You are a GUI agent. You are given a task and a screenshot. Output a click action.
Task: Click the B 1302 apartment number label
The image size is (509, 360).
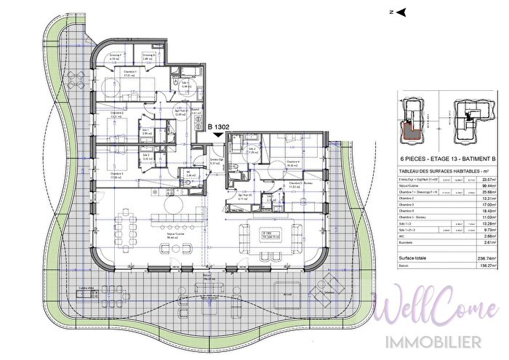click(220, 126)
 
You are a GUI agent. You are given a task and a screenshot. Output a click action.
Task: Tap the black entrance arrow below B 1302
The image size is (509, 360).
click(220, 134)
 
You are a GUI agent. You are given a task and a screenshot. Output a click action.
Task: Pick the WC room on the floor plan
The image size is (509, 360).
click(191, 174)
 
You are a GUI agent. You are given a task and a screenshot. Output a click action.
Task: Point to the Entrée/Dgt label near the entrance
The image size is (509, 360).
click(215, 161)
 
